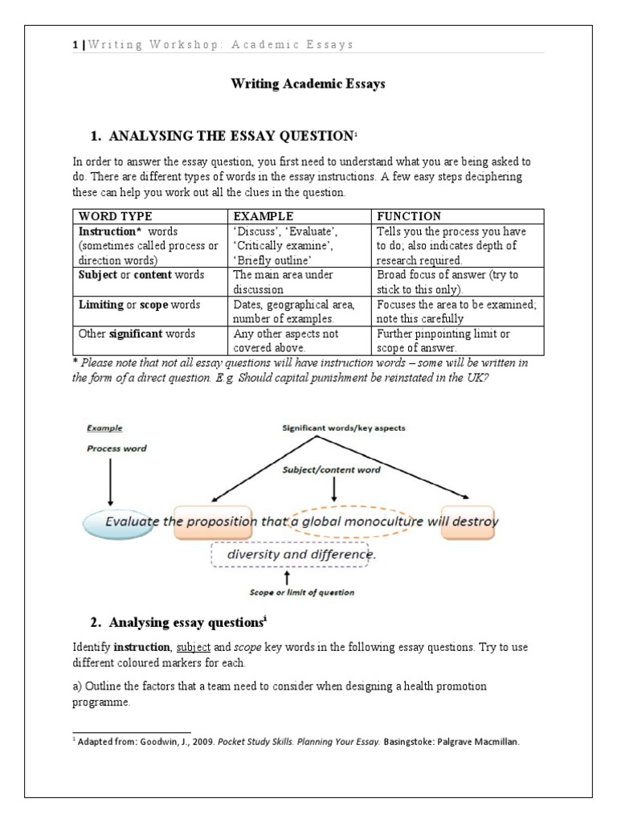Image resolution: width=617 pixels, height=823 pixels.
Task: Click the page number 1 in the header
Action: pos(75,45)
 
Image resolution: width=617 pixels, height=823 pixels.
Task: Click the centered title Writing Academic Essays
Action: pos(308,84)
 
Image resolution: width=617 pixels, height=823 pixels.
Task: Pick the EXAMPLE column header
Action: pos(263,216)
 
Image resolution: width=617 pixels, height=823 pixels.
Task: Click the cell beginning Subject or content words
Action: pos(141,275)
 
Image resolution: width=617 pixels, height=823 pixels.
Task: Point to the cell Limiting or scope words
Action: pos(139,305)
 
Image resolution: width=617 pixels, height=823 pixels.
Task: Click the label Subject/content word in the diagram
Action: pos(330,469)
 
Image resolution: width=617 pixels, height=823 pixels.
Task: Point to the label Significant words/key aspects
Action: pos(343,428)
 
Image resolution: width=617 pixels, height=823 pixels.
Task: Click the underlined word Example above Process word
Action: pos(104,428)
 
